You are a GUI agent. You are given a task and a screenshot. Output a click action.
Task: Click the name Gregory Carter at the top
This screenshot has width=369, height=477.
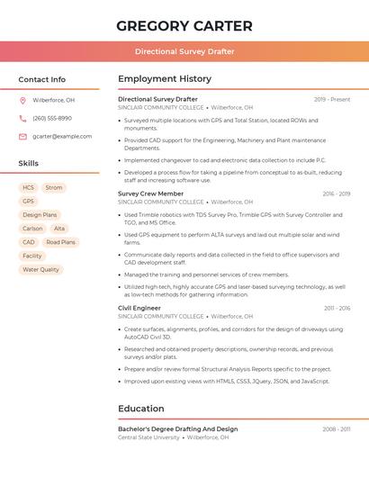pos(184,25)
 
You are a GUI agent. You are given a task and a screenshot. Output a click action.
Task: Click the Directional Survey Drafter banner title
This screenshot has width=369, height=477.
pos(184,51)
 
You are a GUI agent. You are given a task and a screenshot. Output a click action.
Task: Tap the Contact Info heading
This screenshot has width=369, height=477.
pos(41,79)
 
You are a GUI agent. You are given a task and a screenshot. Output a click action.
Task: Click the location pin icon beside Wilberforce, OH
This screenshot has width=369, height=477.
pos(22,100)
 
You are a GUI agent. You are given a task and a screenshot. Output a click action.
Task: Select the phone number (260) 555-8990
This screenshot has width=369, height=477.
pos(52,118)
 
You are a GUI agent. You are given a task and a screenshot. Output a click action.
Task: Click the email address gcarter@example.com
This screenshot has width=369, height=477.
pos(62,136)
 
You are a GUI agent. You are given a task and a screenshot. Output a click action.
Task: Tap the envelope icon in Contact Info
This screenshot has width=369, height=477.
pos(22,136)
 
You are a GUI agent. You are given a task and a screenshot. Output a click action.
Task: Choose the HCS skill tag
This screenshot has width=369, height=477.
pos(28,187)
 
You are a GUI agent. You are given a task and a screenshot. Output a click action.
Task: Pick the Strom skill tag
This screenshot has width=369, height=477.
pos(54,187)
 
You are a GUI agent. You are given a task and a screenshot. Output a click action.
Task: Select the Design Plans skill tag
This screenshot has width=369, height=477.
pos(40,215)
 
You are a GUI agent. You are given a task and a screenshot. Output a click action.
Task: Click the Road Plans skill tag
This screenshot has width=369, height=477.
pos(60,242)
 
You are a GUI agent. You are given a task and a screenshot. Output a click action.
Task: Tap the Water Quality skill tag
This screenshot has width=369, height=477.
pos(40,269)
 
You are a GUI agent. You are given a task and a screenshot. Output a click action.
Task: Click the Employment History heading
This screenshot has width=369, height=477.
pos(165,79)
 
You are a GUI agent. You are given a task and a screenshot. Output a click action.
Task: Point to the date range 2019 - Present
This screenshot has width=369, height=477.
pos(332,99)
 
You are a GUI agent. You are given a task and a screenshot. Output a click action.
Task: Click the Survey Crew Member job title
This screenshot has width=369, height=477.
pos(150,193)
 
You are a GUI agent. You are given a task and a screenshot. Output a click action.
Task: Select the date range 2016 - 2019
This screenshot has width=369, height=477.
pos(336,193)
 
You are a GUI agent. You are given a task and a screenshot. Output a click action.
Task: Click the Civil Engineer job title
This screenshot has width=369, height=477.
pos(139,308)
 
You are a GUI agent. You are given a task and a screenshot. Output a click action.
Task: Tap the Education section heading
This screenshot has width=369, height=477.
pos(141,409)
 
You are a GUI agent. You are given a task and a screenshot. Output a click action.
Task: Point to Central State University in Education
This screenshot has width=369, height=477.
pos(148,437)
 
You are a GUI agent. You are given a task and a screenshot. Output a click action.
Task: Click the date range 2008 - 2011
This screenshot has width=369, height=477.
pos(336,429)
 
